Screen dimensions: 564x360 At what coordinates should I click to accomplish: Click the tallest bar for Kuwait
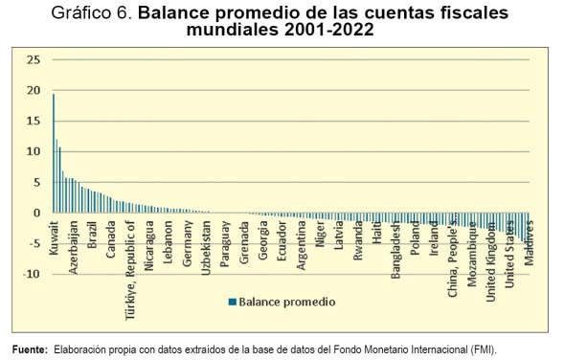[54, 153]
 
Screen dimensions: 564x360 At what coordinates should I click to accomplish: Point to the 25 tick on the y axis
[34, 59]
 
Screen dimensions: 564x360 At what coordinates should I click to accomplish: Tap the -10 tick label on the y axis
[32, 274]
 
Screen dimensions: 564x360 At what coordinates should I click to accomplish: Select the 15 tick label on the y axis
[34, 121]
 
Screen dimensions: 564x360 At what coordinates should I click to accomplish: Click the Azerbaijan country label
[73, 247]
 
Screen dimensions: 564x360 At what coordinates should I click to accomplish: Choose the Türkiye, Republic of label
[130, 270]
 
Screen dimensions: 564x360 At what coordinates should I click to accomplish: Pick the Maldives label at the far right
[529, 243]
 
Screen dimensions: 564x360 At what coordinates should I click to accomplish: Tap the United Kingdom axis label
[490, 261]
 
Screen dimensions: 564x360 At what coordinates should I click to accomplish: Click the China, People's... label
[452, 259]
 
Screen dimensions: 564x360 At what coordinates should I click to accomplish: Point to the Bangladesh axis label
[395, 250]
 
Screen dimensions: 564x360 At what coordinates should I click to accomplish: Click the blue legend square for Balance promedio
[233, 302]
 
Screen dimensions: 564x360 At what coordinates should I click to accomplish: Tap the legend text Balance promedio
[287, 302]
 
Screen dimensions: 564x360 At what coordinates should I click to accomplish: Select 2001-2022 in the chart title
[329, 30]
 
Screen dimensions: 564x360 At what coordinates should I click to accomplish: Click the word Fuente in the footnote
[30, 349]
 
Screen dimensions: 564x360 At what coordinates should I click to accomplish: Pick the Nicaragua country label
[149, 246]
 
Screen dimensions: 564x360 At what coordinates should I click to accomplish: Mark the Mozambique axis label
[471, 255]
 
